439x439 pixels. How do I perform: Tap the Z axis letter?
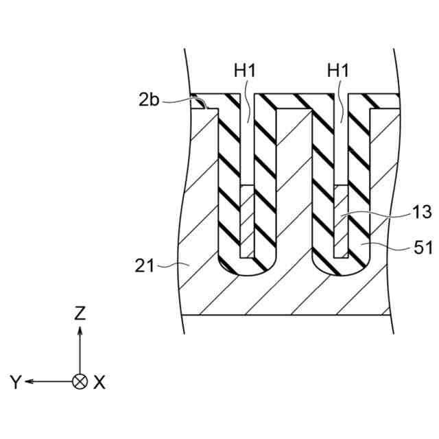80,313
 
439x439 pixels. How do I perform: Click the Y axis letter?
16,383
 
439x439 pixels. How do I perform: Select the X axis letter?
99,383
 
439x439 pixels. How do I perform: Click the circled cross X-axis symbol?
80,381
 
